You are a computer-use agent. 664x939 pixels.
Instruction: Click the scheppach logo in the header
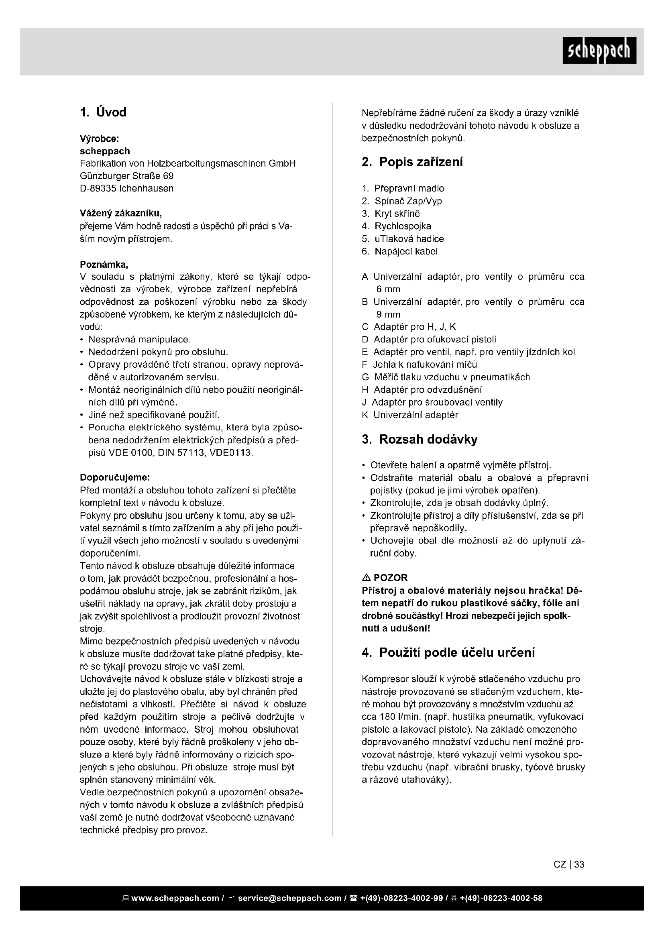click(599, 51)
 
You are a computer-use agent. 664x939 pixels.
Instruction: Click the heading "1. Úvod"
click(103, 112)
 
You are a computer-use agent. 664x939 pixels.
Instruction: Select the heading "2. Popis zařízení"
click(412, 162)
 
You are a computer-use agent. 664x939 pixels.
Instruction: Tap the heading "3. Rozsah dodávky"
click(420, 440)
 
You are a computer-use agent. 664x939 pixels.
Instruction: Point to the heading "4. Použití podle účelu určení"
click(448, 653)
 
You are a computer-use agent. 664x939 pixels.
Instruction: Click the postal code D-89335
click(98, 189)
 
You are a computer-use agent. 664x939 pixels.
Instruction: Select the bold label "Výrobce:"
click(99, 139)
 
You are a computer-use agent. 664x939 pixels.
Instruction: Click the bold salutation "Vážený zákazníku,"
click(120, 214)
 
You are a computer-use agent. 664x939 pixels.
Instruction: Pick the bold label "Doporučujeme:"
click(115, 477)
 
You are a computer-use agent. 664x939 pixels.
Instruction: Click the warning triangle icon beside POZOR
click(366, 578)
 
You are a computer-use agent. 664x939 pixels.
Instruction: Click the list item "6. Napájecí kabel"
click(399, 252)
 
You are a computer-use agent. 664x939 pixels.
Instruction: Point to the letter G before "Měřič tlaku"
click(365, 377)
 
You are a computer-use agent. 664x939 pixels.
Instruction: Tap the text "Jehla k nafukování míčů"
click(425, 365)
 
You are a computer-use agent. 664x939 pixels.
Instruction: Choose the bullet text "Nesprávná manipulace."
click(139, 340)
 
